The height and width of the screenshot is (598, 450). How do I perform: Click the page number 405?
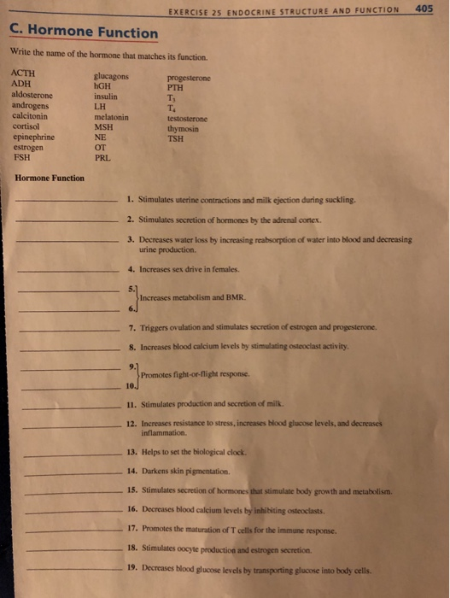click(x=423, y=9)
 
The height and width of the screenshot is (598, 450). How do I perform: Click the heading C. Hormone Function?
click(x=84, y=32)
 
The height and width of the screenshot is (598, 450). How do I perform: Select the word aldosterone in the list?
click(x=32, y=96)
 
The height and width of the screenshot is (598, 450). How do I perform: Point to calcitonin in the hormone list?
click(x=30, y=116)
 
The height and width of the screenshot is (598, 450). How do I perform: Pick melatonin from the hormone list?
click(x=112, y=117)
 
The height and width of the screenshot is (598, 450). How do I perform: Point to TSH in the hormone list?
click(x=175, y=138)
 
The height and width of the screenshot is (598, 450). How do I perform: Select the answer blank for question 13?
click(x=72, y=454)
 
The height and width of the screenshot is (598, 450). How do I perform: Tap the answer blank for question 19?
click(x=73, y=570)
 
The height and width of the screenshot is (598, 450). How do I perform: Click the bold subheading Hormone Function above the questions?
click(x=50, y=178)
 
